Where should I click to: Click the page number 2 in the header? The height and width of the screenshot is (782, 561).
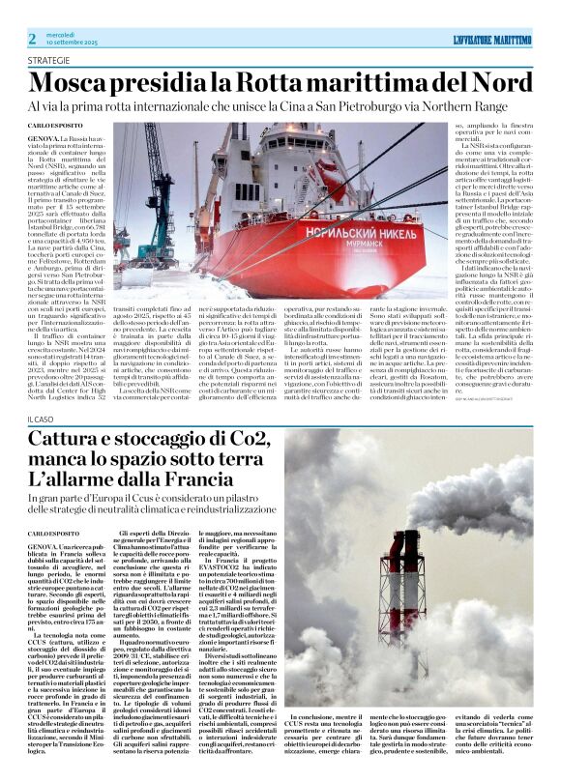tap(32, 38)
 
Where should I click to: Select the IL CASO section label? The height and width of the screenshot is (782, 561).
tap(41, 446)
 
